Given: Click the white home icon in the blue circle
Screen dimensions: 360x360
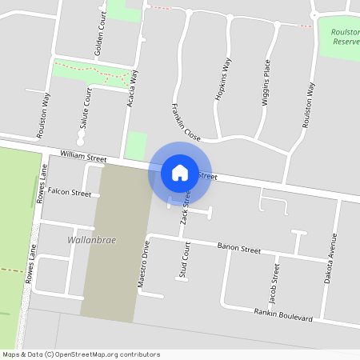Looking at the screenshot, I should point(180,172).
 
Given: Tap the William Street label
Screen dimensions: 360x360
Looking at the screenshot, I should point(83,158).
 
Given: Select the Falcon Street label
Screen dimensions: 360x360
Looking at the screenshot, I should point(70,193).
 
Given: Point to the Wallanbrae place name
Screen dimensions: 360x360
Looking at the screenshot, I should point(84,239).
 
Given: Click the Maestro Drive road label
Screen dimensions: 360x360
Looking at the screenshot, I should point(144,264).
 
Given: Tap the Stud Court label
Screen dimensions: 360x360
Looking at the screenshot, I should point(186,260).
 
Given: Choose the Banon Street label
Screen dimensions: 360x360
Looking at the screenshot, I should point(238,249).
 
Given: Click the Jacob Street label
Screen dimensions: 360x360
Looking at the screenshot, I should point(274,282).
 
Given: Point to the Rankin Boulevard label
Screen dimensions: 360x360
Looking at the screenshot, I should point(282,314).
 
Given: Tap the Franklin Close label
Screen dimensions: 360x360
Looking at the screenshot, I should point(185,121).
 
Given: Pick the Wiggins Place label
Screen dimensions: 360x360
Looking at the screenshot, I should point(266,86).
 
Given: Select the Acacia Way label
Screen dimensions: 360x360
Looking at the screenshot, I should point(134,87).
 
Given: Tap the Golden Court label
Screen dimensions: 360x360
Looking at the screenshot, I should point(99,36).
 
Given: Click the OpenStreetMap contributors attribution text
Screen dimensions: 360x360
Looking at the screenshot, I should point(82,354).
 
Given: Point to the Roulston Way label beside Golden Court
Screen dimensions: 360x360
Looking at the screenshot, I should point(46,110).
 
